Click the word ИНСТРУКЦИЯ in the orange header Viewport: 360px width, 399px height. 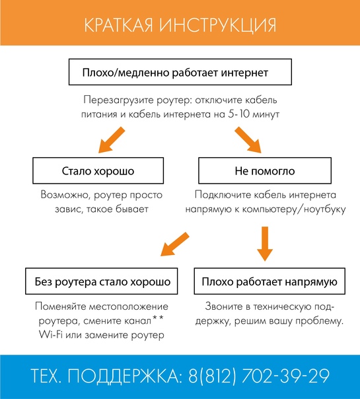(x=218, y=25)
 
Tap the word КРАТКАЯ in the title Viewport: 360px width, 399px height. (x=118, y=25)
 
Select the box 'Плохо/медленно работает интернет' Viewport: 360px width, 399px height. (x=180, y=72)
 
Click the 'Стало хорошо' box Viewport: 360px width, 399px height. (x=98, y=170)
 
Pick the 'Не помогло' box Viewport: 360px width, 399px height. (x=265, y=170)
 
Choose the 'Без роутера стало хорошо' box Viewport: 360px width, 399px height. (x=102, y=281)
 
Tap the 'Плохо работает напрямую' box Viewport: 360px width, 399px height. (x=270, y=281)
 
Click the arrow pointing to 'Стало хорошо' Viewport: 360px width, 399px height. (x=112, y=140)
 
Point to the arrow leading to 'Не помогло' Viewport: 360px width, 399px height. (x=248, y=140)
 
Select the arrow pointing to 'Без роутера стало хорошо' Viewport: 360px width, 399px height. (x=175, y=244)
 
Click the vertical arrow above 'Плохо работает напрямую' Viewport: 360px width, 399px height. (x=265, y=244)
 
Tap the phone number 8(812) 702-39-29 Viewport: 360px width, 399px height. (x=259, y=376)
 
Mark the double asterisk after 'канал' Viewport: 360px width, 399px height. (x=158, y=318)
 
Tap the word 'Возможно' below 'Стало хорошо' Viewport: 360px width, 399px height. (x=65, y=195)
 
